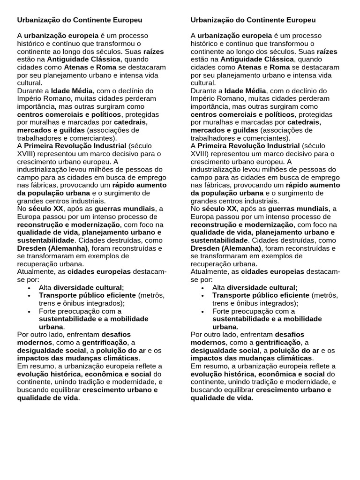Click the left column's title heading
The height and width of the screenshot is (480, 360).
[x=80, y=20]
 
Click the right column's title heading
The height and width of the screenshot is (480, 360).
[x=253, y=20]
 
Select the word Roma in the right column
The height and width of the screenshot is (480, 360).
[x=280, y=67]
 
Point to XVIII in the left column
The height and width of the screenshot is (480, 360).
[x=27, y=154]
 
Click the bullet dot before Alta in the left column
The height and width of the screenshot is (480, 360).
[x=30, y=288]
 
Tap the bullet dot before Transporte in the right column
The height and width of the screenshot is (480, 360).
[x=203, y=296]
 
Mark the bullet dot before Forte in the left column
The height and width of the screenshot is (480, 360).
[x=30, y=311]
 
